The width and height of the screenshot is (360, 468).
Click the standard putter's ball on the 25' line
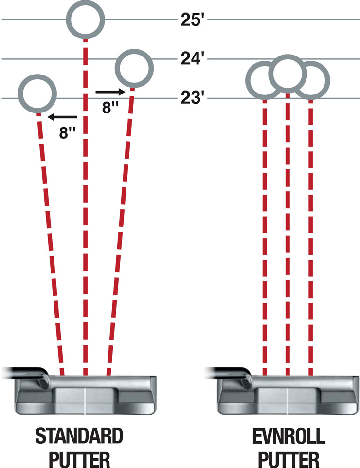tap(86, 20)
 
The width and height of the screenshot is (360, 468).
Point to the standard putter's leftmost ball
tap(36, 94)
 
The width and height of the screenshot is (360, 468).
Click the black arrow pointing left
tap(62, 117)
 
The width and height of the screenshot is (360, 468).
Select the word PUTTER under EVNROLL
tap(288, 458)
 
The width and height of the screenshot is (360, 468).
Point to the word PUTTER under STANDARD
tap(79, 458)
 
